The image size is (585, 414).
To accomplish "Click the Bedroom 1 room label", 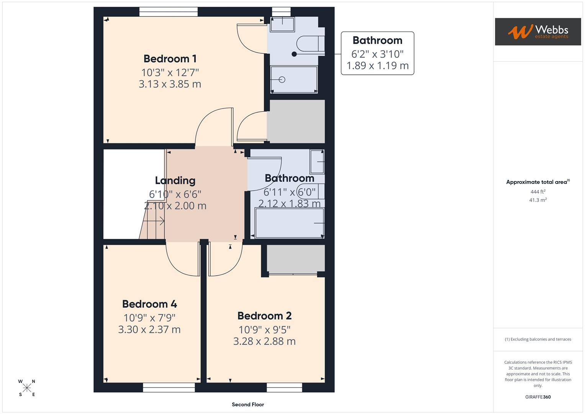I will pos(170,59).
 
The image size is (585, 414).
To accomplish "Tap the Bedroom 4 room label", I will pos(149,304).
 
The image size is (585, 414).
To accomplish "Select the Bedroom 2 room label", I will pos(264,316).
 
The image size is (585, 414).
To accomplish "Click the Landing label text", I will pos(175,181).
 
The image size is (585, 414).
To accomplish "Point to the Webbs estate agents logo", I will pos(537,32).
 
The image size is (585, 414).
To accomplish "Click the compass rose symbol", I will pos(27,388).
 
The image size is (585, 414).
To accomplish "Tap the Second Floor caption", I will pos(248,404).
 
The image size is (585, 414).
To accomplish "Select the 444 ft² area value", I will pos(537,192).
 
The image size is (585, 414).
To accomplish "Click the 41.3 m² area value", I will pos(537,200).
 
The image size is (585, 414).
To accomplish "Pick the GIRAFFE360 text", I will pos(537,397).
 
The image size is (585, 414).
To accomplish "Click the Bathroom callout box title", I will pos(377,40).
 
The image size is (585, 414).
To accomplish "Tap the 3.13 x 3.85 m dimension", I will pos(170,84).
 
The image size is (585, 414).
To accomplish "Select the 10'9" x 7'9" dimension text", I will pos(149,318).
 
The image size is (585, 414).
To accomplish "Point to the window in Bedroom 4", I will pos(169,388).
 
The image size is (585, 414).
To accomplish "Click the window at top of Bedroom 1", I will pos(169,12).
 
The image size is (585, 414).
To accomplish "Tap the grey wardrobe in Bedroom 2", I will pos(295,259).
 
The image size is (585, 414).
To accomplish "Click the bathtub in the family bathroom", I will pos(289,223).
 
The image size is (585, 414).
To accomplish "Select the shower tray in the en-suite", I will pos(294,79).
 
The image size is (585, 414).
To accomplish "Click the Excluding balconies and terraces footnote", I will pos(537,339).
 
